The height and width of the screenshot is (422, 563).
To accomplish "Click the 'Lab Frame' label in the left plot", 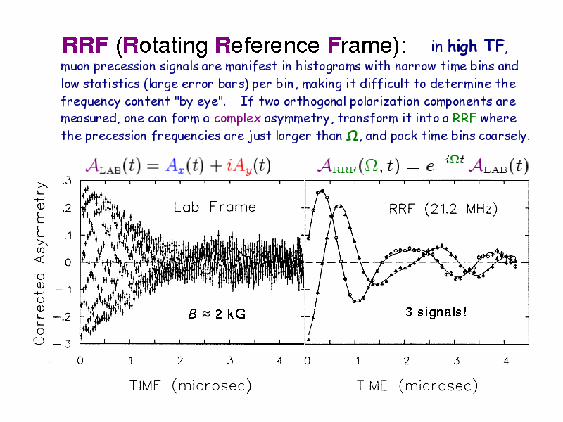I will tap(215, 207).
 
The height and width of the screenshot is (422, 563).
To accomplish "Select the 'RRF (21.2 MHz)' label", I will tap(443, 209).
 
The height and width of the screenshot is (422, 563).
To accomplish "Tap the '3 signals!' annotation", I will tap(436, 312).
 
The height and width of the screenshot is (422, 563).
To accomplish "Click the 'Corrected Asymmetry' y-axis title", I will tap(42, 261).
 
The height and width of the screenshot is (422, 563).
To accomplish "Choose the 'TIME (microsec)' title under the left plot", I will tap(190, 385).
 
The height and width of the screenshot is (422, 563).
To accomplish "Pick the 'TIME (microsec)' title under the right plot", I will tap(417, 385).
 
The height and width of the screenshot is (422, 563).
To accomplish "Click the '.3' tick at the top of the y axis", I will tap(66, 181).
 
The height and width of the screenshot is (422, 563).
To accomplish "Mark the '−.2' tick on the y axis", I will tap(63, 316).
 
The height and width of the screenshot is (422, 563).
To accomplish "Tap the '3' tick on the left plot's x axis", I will tap(230, 361).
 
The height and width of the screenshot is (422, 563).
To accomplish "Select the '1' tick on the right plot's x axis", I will tap(358, 361).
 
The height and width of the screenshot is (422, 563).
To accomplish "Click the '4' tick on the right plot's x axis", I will tap(506, 361).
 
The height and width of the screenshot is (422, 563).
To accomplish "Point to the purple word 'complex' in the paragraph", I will tap(238, 118).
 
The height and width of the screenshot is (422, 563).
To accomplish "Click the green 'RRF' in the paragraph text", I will tap(464, 118).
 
